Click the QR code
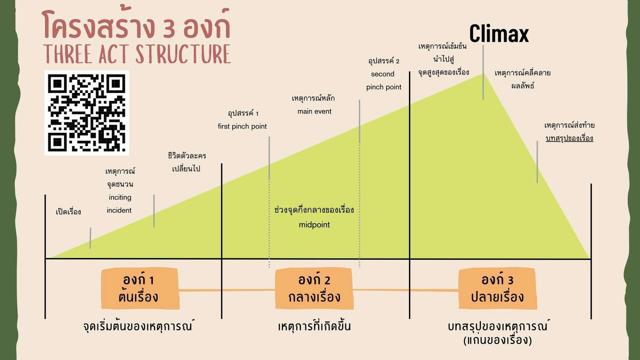point(87,113)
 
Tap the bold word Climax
point(499,34)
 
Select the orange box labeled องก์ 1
point(140,289)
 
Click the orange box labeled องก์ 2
point(314,289)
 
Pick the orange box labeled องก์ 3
point(497,289)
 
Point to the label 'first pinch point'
point(242,126)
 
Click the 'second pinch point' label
point(383,80)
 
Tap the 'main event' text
point(314,111)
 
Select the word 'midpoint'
point(314,224)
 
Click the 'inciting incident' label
point(119,204)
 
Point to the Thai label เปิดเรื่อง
point(69,212)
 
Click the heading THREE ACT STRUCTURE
point(137,54)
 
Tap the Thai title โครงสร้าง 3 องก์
point(136,25)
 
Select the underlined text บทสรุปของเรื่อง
point(569,138)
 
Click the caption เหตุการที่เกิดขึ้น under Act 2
point(314,326)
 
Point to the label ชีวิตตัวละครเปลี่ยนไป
point(186,162)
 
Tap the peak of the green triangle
point(483,74)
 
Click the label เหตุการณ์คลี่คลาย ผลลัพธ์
point(523,79)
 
